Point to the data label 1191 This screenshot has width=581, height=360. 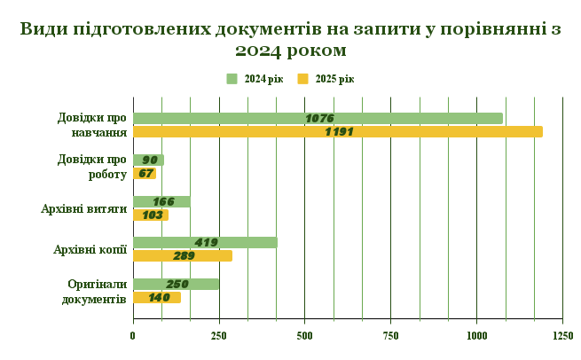click(x=339, y=132)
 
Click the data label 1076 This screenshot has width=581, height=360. click(x=318, y=118)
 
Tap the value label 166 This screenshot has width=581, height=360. click(x=163, y=201)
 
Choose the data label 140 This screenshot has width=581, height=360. click(x=160, y=298)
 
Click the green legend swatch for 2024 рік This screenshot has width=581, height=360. click(x=232, y=79)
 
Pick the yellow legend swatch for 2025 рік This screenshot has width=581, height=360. click(x=302, y=79)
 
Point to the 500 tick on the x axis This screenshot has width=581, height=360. click(x=304, y=336)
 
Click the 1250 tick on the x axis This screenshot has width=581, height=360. click(x=561, y=336)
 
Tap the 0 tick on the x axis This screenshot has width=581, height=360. click(x=133, y=336)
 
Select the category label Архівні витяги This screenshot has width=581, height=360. click(x=84, y=209)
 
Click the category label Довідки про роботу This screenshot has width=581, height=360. click(x=92, y=167)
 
